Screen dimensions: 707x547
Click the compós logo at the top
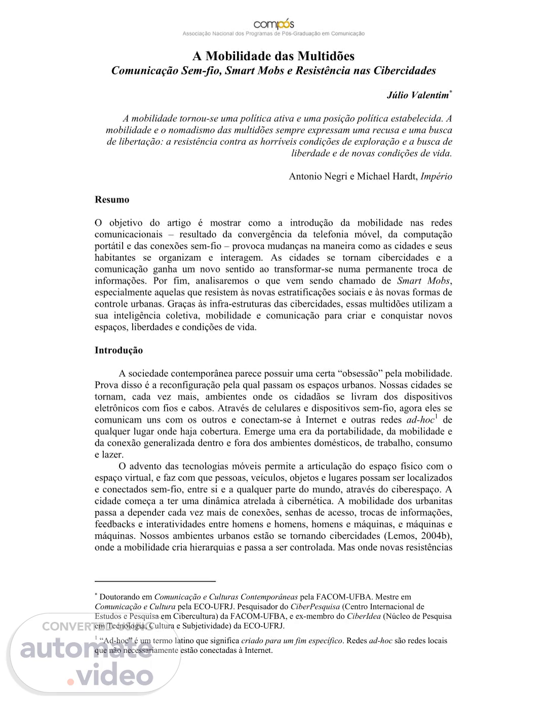click(x=273, y=23)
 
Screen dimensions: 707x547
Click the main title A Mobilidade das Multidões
click(x=273, y=56)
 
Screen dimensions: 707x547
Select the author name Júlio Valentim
click(x=417, y=95)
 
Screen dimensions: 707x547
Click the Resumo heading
click(x=112, y=200)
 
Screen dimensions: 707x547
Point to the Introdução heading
click(x=119, y=350)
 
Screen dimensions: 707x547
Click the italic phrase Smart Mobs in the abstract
click(x=423, y=281)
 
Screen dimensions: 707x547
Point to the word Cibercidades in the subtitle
click(x=405, y=70)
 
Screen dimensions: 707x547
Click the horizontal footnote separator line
click(x=155, y=581)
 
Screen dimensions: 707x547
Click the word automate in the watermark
click(x=86, y=649)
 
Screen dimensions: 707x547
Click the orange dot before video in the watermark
click(x=71, y=682)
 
